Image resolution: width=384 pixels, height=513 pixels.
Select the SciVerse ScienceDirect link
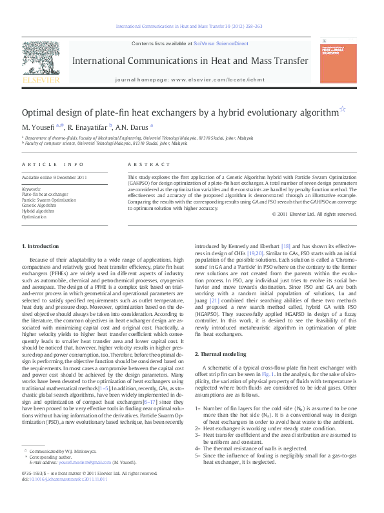tap(223, 43)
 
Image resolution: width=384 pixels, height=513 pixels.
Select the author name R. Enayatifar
tap(89, 126)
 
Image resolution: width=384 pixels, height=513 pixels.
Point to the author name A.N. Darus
tap(133, 126)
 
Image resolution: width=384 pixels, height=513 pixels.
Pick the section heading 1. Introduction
tap(40, 246)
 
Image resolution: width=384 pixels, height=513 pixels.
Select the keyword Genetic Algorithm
tap(38, 205)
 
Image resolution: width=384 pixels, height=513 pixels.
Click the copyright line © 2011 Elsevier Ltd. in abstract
tap(314, 214)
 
